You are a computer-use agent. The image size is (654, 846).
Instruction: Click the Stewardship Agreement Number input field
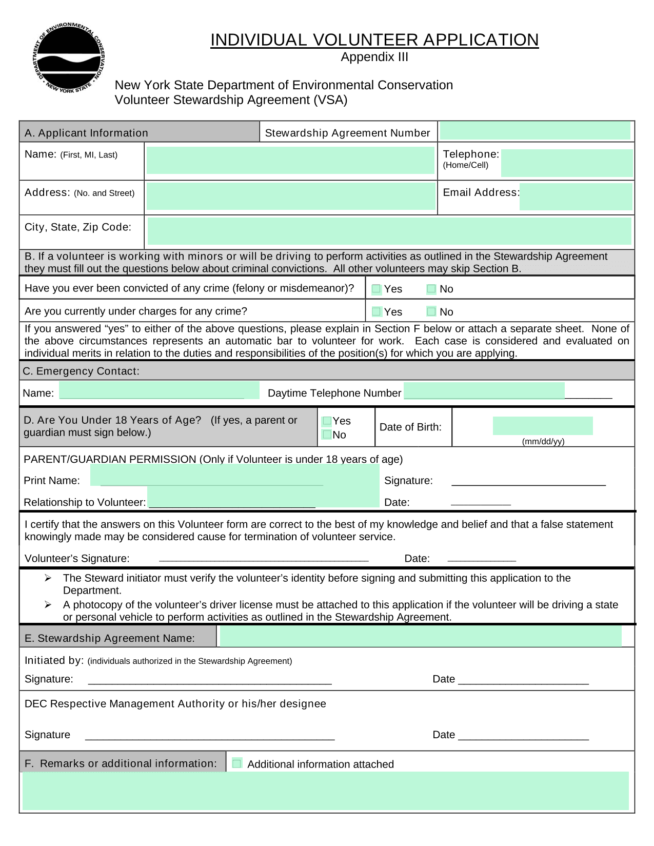coord(535,131)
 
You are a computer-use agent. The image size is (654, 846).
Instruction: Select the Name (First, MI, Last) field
coord(290,161)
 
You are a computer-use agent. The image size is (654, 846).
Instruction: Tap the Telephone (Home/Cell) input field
coord(567,163)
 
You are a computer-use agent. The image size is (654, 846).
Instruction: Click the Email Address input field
coord(576,197)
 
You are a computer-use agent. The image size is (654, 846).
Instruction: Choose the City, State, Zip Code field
coord(389,231)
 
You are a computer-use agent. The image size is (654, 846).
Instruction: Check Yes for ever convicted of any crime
coord(376,289)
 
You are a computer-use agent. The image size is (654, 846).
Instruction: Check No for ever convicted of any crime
coord(431,289)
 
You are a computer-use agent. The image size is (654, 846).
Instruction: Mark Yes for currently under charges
coord(376,311)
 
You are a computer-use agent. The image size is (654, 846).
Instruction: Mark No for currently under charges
coord(431,311)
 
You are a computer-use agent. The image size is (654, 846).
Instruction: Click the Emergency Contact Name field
coord(159,390)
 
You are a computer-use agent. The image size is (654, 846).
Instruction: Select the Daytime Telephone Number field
coord(484,391)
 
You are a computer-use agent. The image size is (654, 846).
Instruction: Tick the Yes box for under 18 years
coord(327,421)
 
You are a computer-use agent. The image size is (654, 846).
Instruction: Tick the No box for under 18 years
coord(327,435)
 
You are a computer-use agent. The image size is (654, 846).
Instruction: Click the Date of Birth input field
coord(543,426)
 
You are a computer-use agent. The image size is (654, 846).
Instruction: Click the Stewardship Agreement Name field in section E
coord(421,636)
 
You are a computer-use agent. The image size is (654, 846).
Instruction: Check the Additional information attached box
coord(237,763)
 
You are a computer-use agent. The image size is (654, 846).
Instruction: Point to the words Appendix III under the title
coord(374,57)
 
